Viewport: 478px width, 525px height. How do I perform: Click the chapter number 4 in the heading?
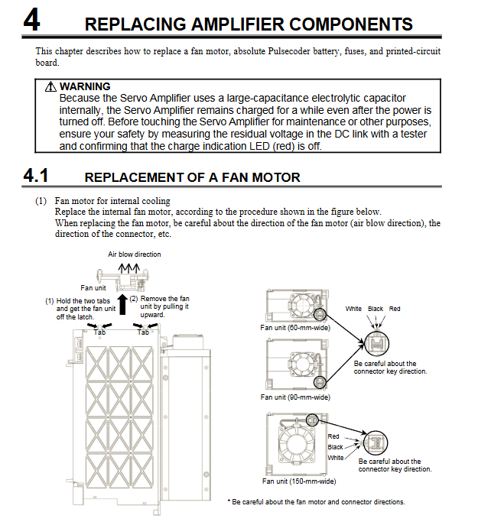point(31,20)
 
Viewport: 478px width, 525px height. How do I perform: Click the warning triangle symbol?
point(52,87)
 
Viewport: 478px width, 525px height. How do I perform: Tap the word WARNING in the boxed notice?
point(85,87)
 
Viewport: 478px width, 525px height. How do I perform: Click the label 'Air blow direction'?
point(134,254)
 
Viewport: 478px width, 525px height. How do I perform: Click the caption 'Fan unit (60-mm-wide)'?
point(295,327)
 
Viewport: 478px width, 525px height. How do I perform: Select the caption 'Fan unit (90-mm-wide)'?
point(295,397)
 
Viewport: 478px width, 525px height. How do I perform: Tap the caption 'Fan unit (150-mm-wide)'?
point(298,481)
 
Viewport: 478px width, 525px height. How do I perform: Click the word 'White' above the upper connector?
point(353,309)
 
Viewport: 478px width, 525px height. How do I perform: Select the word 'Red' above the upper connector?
point(395,309)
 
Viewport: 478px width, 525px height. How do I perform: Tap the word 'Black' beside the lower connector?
point(335,447)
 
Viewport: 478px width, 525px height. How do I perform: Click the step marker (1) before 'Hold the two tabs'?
point(49,301)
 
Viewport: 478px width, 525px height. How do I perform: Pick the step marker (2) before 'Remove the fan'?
point(134,299)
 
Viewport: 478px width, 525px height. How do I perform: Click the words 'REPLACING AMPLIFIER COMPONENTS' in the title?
point(249,24)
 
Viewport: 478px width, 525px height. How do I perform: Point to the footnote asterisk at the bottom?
point(229,502)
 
